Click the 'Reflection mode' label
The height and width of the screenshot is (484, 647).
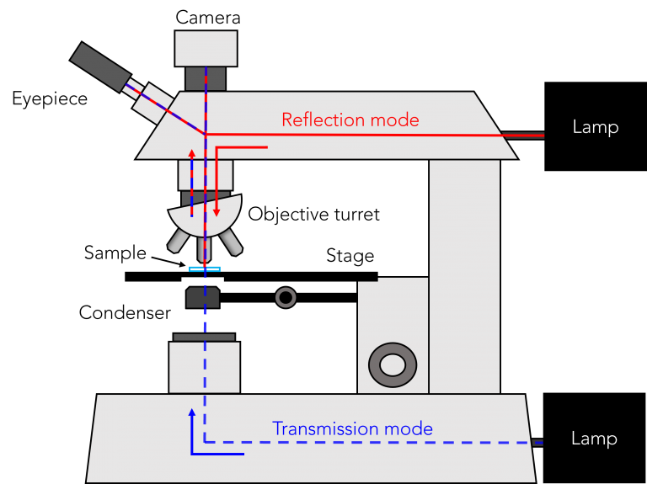coord(350,120)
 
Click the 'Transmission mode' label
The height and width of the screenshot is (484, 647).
coord(352,428)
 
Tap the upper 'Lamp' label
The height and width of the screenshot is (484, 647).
coord(595,128)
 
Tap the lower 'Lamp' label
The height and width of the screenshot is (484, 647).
coord(594,439)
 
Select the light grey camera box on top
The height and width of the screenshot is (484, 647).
coord(206,48)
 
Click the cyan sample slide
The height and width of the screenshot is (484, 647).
coord(205,269)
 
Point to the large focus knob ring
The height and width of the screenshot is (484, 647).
coord(392,364)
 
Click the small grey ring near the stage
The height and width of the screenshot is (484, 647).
coord(286,297)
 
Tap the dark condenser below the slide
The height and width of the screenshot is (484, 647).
coord(203,297)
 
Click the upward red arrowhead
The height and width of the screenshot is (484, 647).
coord(191,155)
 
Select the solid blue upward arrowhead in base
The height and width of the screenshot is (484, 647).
coord(192,413)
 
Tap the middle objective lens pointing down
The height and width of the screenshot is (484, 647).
coord(203,249)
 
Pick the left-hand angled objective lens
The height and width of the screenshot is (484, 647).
coord(178,242)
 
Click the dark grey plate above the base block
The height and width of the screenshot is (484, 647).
coord(204,338)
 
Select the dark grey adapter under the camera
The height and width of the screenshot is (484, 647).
coord(206,78)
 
